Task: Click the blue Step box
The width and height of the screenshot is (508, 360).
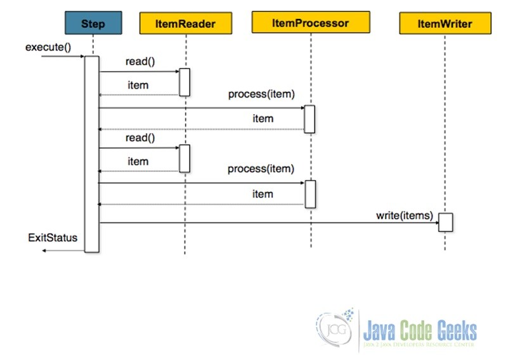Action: point(93,23)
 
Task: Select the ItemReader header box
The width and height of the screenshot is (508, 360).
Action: point(186,23)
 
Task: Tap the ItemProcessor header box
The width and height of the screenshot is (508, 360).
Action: point(311,23)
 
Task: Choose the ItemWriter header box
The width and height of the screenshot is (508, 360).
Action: point(445,23)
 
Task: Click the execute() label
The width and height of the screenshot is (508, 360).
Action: point(48,48)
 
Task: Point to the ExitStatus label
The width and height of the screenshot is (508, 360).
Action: point(53,238)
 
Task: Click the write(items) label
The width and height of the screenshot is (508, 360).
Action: point(405,215)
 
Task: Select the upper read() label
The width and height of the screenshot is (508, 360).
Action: point(140,61)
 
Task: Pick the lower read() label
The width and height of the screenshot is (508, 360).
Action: point(140,138)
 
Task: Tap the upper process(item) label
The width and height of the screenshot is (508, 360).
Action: point(261,94)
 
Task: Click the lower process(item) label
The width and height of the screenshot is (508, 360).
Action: point(261,169)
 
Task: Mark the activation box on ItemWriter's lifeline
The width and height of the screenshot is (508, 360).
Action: point(445,222)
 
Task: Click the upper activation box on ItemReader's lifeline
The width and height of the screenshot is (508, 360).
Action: point(185,82)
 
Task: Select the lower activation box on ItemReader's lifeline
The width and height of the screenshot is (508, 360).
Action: point(185,158)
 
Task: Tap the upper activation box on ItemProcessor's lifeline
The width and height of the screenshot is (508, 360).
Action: point(309,119)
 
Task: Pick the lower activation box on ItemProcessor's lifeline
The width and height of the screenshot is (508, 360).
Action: point(310,194)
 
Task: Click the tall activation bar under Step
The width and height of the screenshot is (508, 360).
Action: point(92,154)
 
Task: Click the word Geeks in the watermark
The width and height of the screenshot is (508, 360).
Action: point(457,331)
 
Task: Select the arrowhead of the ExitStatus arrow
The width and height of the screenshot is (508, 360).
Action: point(44,250)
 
